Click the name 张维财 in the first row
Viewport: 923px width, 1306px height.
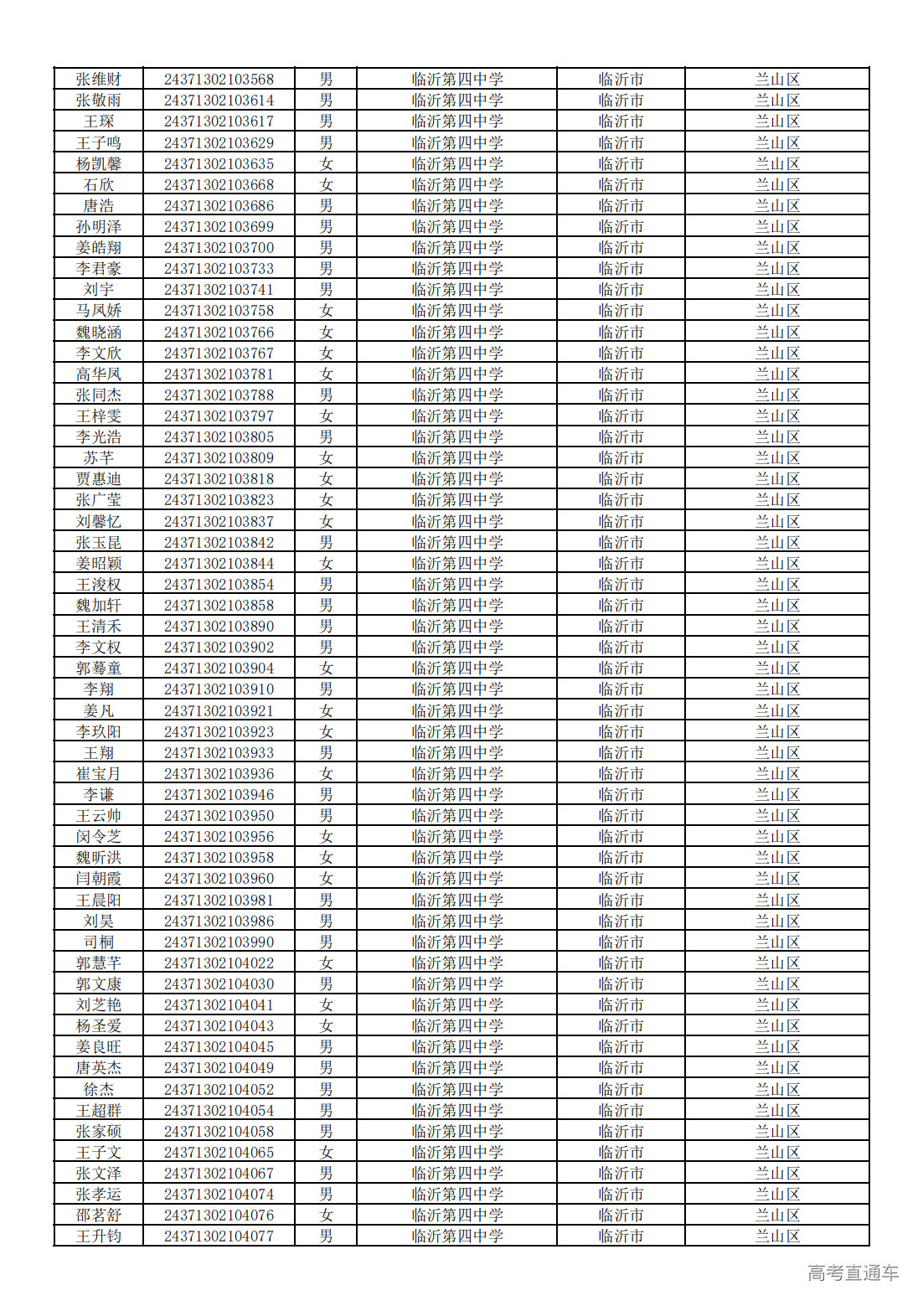click(x=99, y=80)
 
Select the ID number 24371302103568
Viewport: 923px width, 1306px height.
click(x=219, y=80)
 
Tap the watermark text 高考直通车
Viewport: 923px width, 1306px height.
click(x=853, y=1272)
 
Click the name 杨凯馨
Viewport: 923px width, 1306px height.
click(x=99, y=164)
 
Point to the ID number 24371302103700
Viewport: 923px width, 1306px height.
click(x=219, y=248)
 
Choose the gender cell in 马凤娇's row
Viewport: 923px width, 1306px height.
click(x=326, y=311)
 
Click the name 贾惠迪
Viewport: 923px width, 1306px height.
click(x=99, y=479)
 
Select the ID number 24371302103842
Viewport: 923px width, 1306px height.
click(x=219, y=543)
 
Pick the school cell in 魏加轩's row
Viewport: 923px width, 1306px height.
click(x=457, y=606)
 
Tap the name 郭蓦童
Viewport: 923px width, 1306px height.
click(x=99, y=668)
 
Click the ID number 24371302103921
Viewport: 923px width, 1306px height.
click(x=219, y=711)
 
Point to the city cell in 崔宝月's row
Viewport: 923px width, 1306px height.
click(x=621, y=774)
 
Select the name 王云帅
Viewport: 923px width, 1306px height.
click(x=99, y=816)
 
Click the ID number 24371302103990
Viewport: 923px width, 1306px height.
click(x=219, y=942)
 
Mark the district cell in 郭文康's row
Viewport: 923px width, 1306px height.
click(x=777, y=984)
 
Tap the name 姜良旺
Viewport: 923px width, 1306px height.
click(x=99, y=1047)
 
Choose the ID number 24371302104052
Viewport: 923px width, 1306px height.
click(x=219, y=1090)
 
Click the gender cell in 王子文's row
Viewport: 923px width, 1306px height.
click(x=326, y=1153)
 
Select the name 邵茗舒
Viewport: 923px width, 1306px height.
click(x=99, y=1216)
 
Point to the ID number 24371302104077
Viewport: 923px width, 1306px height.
click(x=219, y=1236)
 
